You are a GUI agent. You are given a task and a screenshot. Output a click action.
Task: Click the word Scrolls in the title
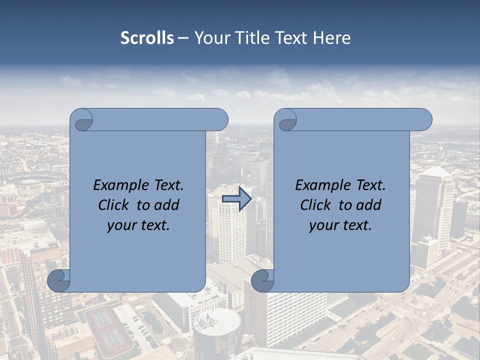(147, 38)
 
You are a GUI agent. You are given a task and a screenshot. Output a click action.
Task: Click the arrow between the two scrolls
(236, 198)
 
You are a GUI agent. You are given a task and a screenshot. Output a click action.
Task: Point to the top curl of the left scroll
(83, 120)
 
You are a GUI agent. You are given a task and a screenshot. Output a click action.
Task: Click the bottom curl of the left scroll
(58, 280)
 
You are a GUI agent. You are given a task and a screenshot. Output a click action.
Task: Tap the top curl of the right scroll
(287, 120)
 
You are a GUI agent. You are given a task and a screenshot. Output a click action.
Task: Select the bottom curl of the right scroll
(262, 280)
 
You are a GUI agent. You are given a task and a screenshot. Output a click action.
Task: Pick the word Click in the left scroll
(113, 205)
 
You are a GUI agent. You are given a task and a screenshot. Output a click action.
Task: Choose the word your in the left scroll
(121, 225)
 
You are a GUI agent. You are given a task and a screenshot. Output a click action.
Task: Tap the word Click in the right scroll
(315, 205)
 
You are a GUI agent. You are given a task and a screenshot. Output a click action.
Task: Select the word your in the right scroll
(323, 225)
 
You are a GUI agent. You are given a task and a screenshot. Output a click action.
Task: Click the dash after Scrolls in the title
(183, 38)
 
